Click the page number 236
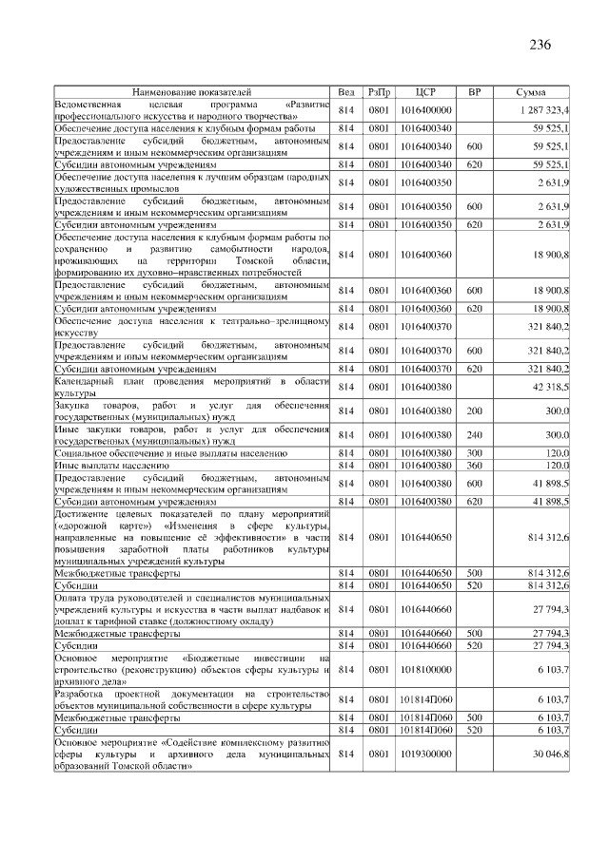[x=540, y=45]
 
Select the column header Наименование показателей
[x=191, y=93]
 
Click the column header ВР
[x=474, y=93]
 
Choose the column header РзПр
[x=380, y=93]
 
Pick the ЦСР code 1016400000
[x=425, y=110]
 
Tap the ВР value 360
[x=474, y=467]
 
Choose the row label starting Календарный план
[x=191, y=387]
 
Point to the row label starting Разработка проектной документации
[x=191, y=699]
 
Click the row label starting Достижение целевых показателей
[x=191, y=538]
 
